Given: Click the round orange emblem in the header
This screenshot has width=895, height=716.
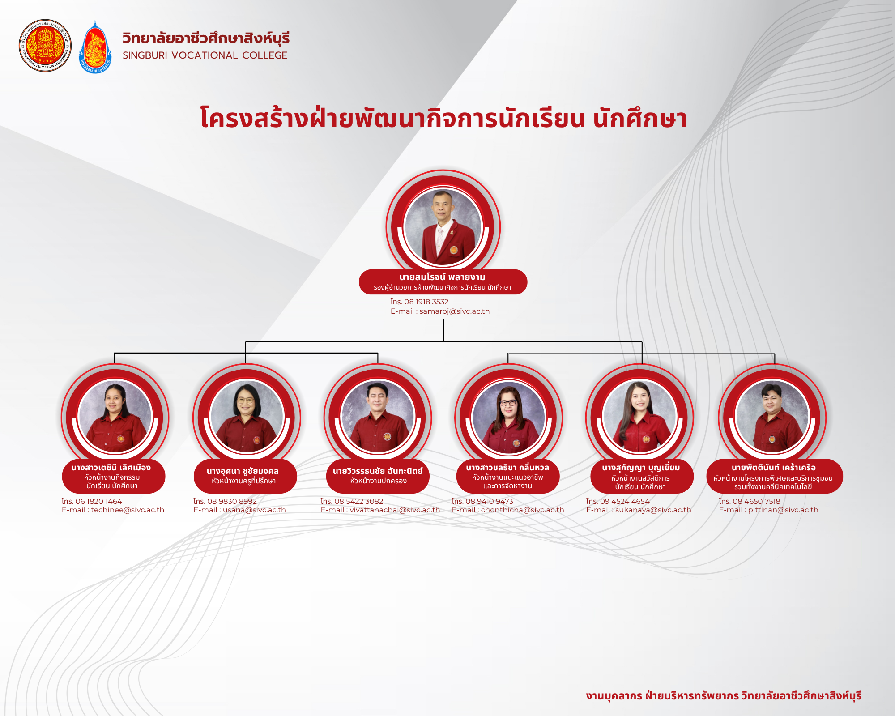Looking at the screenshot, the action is (45, 46).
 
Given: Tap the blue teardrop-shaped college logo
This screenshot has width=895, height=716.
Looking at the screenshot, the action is (95, 47).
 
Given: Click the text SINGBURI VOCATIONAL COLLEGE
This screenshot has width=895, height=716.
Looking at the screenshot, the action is (205, 55).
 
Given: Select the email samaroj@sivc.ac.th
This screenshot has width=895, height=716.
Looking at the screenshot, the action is (454, 311).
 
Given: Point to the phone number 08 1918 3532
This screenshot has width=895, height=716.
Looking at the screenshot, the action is (426, 302).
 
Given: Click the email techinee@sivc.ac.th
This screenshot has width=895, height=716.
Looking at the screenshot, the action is (128, 510).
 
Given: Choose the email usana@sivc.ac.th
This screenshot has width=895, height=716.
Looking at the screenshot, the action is (254, 510).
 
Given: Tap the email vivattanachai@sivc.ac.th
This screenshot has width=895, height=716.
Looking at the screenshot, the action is (395, 510).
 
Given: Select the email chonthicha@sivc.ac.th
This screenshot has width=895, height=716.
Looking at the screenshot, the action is (522, 510).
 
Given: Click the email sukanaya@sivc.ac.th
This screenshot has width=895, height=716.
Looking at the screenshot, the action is (653, 510).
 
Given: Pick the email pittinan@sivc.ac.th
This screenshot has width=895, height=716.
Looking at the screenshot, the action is (783, 510).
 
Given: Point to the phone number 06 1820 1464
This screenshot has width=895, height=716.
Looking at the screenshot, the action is (98, 502).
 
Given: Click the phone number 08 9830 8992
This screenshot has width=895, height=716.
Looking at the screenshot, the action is (232, 502).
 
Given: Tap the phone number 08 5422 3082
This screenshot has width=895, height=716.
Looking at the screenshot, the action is (359, 502).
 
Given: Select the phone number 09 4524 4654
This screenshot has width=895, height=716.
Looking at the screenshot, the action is (625, 502).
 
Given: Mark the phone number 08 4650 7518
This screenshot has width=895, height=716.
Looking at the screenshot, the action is (756, 502).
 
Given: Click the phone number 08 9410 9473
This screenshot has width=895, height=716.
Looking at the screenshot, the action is (490, 502).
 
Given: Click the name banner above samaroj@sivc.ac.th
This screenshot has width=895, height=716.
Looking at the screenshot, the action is (443, 282).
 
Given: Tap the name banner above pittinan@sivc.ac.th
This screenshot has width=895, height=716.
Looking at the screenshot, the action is (775, 477).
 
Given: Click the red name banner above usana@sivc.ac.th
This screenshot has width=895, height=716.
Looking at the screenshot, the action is (245, 477).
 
